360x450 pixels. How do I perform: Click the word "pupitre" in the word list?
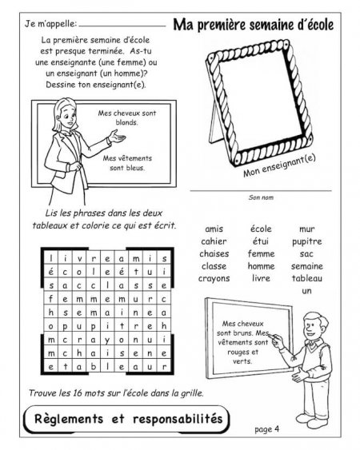pyautogui.click(x=307, y=242)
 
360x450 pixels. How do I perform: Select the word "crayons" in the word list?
pyautogui.click(x=214, y=279)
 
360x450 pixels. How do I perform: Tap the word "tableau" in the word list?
pyautogui.click(x=307, y=278)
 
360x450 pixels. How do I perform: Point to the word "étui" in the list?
pyautogui.click(x=261, y=241)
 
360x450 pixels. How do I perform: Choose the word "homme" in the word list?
pyautogui.click(x=261, y=266)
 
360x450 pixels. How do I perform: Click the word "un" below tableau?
pyautogui.click(x=307, y=291)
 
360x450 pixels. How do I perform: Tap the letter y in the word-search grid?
pyautogui.click(x=107, y=340)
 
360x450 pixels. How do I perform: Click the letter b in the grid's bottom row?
pyautogui.click(x=93, y=366)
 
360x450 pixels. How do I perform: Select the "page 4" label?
pyautogui.click(x=266, y=429)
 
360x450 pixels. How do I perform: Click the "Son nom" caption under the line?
pyautogui.click(x=261, y=197)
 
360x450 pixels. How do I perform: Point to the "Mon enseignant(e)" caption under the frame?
pyautogui.click(x=279, y=166)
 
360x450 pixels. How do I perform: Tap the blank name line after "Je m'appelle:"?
pyautogui.click(x=122, y=26)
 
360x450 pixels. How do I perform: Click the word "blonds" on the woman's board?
pyautogui.click(x=126, y=122)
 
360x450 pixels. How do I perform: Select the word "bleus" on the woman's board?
pyautogui.click(x=135, y=168)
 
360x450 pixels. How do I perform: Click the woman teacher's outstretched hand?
pyautogui.click(x=118, y=137)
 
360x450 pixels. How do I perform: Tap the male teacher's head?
pyautogui.click(x=314, y=325)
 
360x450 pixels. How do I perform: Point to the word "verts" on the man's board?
pyautogui.click(x=242, y=361)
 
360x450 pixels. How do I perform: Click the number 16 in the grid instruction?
pyautogui.click(x=78, y=392)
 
